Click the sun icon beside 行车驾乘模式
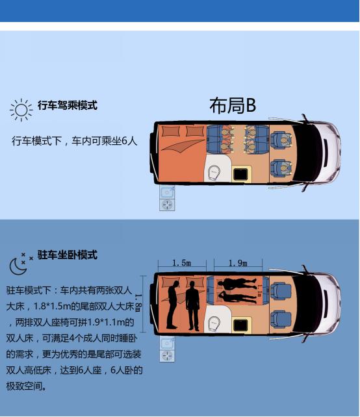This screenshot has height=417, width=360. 21,109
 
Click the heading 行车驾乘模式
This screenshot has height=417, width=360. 68,105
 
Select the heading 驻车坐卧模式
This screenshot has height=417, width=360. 68,255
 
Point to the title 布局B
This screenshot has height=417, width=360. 232,105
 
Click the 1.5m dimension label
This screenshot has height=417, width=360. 182,263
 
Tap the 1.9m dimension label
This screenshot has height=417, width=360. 238,263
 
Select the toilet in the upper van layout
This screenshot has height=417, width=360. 215,172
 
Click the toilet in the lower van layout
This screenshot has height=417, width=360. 215,323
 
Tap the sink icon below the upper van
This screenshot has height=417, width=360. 167,192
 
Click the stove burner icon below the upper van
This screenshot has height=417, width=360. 167,205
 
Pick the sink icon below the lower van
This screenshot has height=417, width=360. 167,343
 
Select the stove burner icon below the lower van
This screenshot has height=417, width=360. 167,355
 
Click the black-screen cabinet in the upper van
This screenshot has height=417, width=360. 242,172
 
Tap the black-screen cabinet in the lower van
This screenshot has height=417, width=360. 242,323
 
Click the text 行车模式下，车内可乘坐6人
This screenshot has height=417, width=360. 74,140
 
